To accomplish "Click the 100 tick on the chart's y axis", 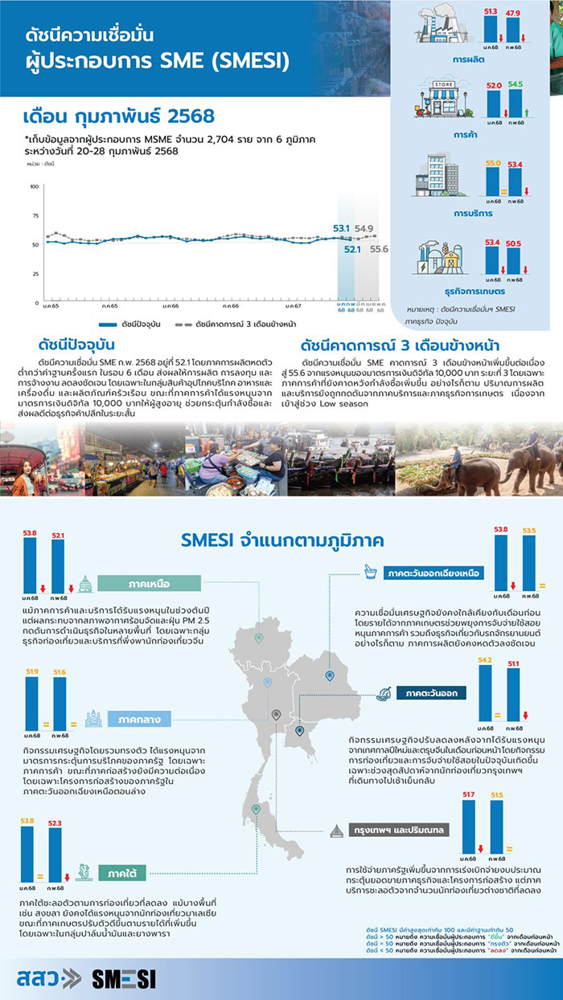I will [34, 186].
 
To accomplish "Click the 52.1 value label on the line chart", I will [352, 249].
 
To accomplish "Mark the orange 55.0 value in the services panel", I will [493, 164].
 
